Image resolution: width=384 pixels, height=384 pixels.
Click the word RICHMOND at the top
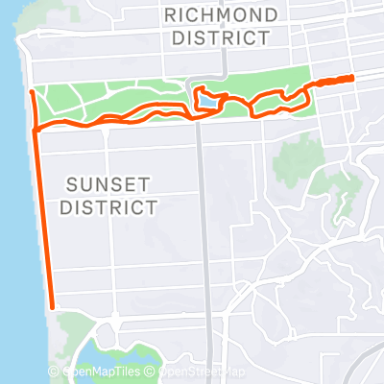tap(223, 14)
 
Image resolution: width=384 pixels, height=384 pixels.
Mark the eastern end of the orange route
tap(353, 77)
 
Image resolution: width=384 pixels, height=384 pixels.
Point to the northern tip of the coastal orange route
tap(31, 91)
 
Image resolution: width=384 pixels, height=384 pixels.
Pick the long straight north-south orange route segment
tap(43, 221)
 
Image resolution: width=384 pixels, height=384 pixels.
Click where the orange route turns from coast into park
tap(36, 128)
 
